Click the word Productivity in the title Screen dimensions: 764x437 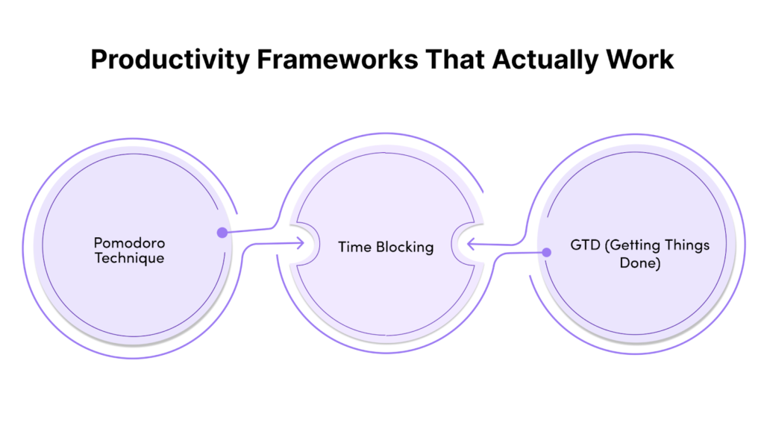tap(170, 60)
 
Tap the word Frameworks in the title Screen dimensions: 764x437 tap(337, 60)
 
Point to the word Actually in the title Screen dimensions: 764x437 tap(545, 60)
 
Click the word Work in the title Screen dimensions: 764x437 tap(639, 60)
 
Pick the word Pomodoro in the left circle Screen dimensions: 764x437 tap(129, 242)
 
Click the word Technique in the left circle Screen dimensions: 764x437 tap(129, 258)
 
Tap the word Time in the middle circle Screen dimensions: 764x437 tap(354, 247)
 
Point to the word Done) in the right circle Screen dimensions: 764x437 tap(639, 263)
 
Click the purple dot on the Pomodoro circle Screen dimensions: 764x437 tap(222, 233)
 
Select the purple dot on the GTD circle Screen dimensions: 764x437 tap(547, 252)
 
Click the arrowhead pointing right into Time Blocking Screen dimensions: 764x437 tap(301, 242)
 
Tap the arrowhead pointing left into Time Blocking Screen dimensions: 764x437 tap(471, 244)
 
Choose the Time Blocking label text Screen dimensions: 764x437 tap(386, 248)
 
